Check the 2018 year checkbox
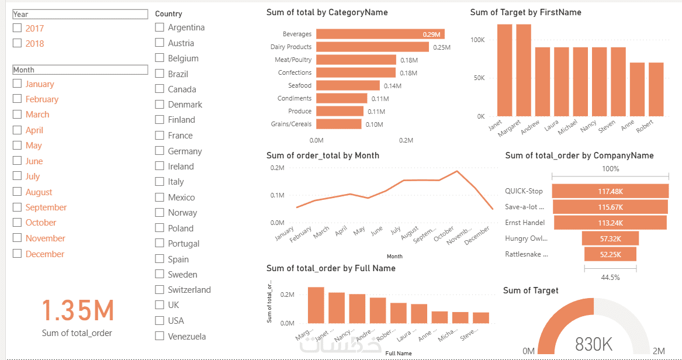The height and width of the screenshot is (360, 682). tap(18, 43)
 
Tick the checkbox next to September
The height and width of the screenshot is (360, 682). tap(18, 207)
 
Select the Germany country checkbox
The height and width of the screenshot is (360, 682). tap(160, 151)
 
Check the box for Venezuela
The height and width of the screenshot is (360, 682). tap(160, 336)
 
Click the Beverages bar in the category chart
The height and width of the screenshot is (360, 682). tap(380, 34)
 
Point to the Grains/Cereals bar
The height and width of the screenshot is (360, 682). tap(339, 124)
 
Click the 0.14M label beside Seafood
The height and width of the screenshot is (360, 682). tap(392, 86)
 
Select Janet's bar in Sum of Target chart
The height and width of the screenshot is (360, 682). tap(504, 70)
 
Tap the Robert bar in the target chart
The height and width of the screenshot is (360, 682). tap(656, 89)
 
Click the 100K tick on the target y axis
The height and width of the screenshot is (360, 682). tap(477, 40)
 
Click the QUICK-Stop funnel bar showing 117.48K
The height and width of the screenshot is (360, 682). tap(610, 191)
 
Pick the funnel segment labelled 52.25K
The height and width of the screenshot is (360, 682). tap(610, 254)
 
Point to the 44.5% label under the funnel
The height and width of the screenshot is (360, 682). tap(610, 278)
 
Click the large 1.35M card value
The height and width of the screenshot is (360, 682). tap(77, 310)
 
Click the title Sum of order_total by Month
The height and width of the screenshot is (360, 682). tap(323, 155)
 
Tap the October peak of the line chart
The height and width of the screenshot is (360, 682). tap(457, 171)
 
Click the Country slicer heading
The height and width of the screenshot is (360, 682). tap(169, 13)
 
